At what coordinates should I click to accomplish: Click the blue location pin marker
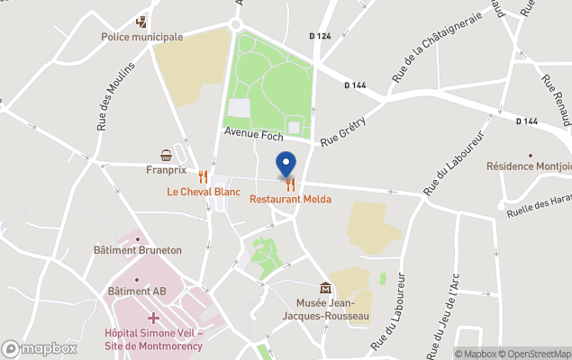[286, 165]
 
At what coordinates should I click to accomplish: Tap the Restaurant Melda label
[290, 199]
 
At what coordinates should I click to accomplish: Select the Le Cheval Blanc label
[204, 192]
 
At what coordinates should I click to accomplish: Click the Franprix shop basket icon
[166, 155]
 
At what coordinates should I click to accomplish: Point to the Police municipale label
[141, 37]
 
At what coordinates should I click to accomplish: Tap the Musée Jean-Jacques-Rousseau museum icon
[325, 288]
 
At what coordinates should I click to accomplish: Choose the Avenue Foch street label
[254, 136]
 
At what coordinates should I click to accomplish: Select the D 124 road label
[320, 36]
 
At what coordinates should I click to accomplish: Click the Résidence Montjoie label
[528, 166]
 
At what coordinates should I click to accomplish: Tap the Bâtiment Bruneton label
[138, 250]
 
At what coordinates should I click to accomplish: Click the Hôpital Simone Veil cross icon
[154, 318]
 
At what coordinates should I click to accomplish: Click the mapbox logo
[40, 348]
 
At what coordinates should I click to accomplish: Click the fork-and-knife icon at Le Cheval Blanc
[204, 177]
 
